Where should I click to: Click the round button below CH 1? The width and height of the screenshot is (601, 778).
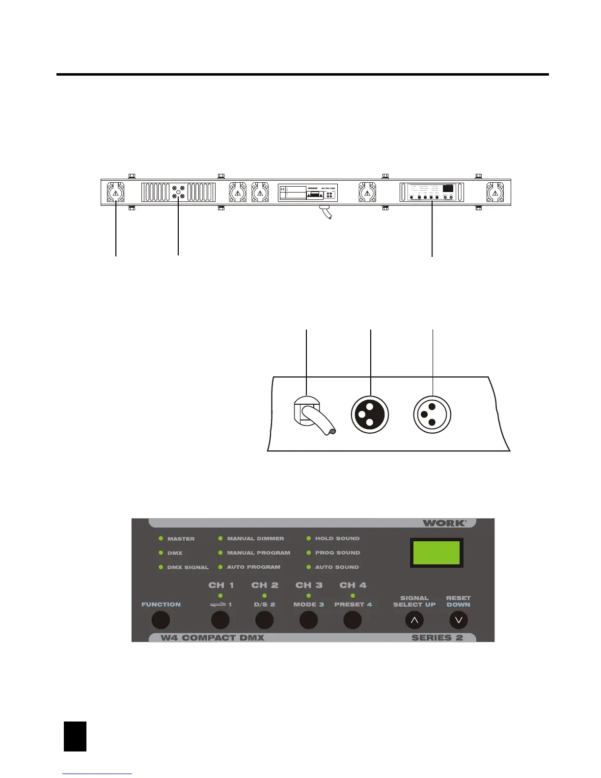[220, 620]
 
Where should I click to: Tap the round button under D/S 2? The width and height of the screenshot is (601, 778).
[264, 620]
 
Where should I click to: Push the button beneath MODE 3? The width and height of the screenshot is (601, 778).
[308, 620]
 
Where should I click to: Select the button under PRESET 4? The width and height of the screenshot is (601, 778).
[352, 620]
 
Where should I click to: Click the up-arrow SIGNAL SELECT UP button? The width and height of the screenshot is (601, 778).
[414, 620]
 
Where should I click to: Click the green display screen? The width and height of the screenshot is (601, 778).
[437, 553]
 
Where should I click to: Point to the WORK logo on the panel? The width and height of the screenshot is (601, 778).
[444, 523]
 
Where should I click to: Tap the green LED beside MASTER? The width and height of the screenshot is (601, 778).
[161, 539]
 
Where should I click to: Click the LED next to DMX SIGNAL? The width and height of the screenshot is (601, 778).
[161, 567]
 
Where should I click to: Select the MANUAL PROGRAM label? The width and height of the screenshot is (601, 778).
[258, 553]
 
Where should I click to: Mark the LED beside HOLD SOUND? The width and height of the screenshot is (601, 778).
[309, 539]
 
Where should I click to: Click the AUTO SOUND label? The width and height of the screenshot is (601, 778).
[337, 567]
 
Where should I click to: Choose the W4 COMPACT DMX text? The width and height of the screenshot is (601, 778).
[213, 638]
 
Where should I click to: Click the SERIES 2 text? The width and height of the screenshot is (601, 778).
[437, 638]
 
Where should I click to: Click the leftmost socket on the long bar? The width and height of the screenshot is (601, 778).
[115, 192]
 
